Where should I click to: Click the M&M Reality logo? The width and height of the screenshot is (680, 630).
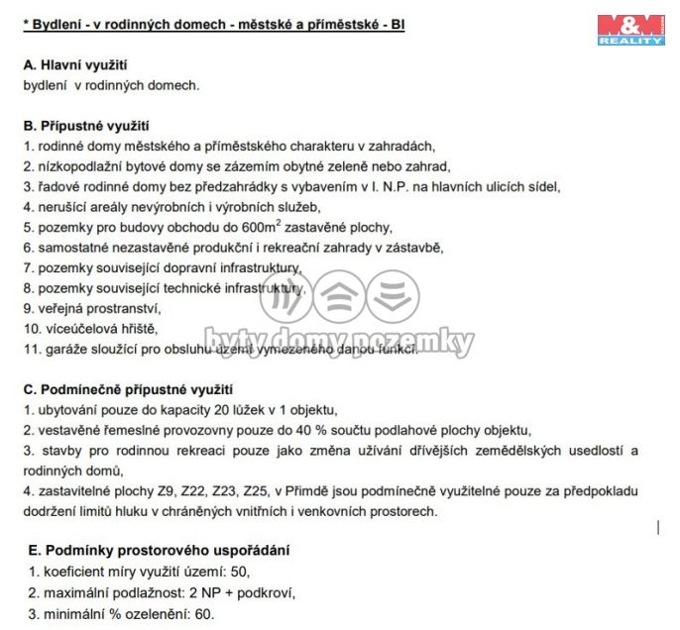click(x=630, y=29)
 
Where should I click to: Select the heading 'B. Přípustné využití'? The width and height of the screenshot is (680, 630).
click(x=85, y=126)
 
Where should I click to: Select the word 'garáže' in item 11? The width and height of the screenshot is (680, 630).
click(x=61, y=349)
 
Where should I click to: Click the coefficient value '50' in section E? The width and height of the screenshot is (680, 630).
click(x=239, y=573)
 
